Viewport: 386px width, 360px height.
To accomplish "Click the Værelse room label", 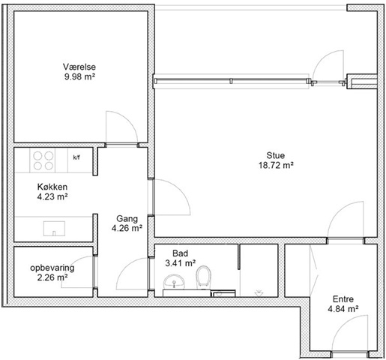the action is point(79,67).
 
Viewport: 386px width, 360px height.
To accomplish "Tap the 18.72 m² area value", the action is point(276,165).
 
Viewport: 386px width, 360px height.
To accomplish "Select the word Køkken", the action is point(52,187).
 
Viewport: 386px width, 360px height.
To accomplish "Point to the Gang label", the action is point(127,219).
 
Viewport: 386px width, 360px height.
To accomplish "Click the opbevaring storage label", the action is point(52,268).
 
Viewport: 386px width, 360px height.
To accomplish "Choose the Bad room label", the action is point(180,253).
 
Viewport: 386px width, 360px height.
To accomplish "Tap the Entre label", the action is point(343,299).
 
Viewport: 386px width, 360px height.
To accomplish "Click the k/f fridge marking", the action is point(76,157).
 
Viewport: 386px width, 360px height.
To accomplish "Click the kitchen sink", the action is point(54,229).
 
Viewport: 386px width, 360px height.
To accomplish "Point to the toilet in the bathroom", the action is point(204,277).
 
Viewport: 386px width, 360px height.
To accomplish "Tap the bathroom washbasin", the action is point(174,282).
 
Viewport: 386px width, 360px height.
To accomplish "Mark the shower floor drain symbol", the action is point(259,292).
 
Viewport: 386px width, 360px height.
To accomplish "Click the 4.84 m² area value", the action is point(343,309).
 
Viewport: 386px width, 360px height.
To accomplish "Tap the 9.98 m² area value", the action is point(79,76).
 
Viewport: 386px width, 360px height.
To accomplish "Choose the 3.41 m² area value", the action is point(180,263).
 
